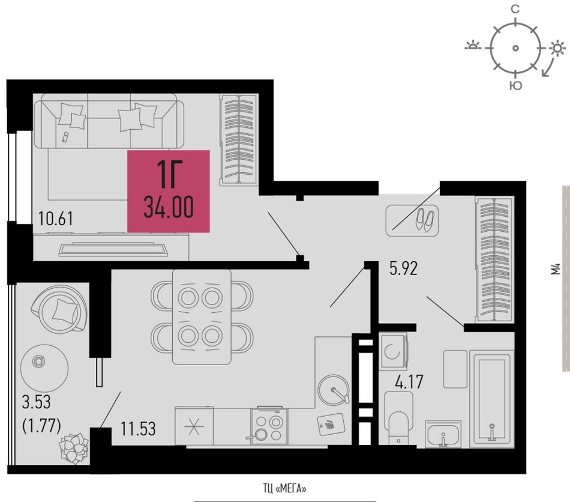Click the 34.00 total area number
(x=169, y=207)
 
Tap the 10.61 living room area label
(x=56, y=219)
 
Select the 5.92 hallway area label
(x=404, y=268)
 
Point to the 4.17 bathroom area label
(x=409, y=382)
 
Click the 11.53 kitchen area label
(x=138, y=429)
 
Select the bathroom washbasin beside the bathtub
(x=443, y=434)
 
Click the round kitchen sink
(x=334, y=390)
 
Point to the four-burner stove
(x=269, y=426)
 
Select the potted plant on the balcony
(x=74, y=448)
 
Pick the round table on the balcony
(x=44, y=367)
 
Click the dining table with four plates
(x=202, y=317)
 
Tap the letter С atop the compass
(x=515, y=10)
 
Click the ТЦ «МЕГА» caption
(x=284, y=489)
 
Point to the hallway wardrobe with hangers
(x=494, y=259)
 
